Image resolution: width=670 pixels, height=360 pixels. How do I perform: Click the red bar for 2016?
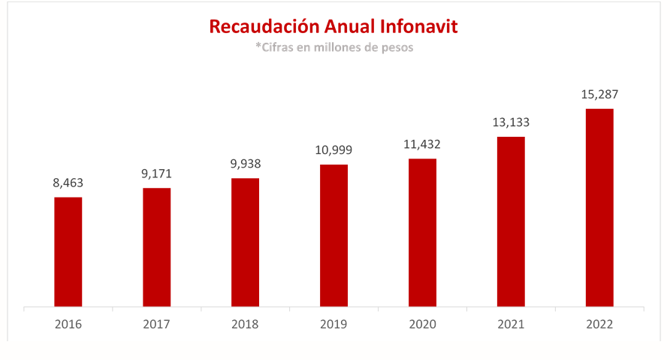(x=68, y=252)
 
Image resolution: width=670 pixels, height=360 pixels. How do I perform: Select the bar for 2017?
(x=157, y=247)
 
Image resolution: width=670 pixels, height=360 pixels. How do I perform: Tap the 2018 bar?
(x=245, y=242)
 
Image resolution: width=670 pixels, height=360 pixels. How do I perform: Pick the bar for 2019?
(x=333, y=235)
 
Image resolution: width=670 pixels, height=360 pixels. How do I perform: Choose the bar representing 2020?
(x=422, y=232)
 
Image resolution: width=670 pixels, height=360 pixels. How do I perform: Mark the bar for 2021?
(x=511, y=222)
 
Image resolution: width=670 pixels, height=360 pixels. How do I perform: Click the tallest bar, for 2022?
(x=599, y=207)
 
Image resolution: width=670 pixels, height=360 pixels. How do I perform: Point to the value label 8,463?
(x=68, y=183)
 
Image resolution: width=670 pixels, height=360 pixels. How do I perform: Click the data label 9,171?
(x=157, y=174)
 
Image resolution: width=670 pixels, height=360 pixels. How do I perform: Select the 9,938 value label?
(x=245, y=164)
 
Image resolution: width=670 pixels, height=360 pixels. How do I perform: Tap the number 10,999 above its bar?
(x=333, y=150)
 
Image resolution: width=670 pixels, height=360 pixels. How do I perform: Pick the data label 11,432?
(x=422, y=144)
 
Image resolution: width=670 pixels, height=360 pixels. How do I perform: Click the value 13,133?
(x=511, y=123)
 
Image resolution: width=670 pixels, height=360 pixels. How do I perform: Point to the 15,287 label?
(x=599, y=95)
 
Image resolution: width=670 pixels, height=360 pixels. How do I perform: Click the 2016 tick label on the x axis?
(x=68, y=325)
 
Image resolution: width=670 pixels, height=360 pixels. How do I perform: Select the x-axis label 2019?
(x=333, y=325)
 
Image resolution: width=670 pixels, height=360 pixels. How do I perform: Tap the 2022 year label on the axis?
(x=599, y=325)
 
